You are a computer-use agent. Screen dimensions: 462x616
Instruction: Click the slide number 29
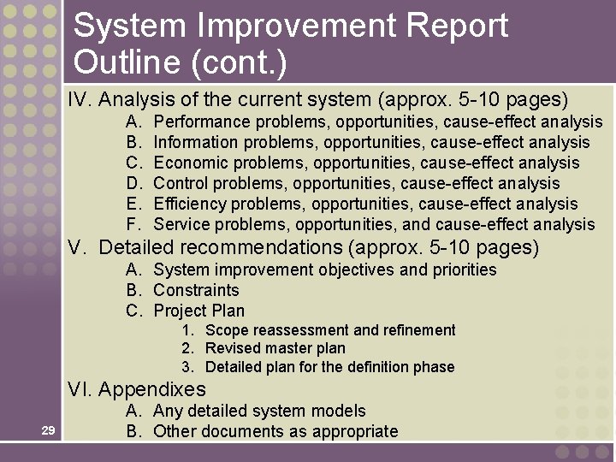[x=48, y=430]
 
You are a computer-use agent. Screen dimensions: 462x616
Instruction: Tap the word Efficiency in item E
[x=190, y=204]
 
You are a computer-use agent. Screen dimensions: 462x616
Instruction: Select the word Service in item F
[x=181, y=224]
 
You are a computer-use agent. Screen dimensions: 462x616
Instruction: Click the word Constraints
[x=196, y=290]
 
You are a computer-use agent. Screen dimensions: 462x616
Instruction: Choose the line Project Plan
[x=198, y=311]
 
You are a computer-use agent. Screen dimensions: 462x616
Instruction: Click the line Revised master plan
[x=275, y=348]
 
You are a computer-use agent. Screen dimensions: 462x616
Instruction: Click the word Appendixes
[x=152, y=389]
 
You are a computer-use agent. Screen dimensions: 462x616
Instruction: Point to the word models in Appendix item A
[x=341, y=411]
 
